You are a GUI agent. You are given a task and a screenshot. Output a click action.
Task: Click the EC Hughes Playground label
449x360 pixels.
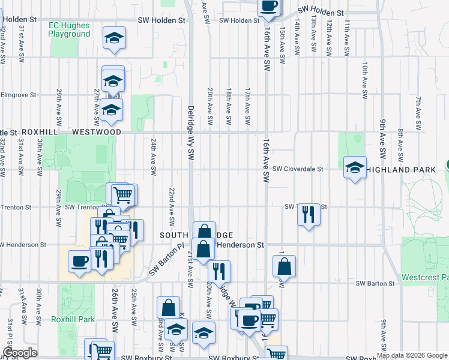70,29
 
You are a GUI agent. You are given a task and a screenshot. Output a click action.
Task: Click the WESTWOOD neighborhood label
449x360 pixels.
96,131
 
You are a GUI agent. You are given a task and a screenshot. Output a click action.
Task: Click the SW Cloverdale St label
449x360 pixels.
298,169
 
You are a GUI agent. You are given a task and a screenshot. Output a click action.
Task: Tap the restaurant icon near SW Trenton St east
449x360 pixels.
309,214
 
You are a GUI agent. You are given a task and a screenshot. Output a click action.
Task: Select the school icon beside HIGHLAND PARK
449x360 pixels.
355,167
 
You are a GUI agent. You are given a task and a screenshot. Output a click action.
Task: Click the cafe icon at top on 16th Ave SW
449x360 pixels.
268,6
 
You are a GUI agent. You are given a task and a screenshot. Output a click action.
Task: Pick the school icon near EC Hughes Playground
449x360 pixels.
113,38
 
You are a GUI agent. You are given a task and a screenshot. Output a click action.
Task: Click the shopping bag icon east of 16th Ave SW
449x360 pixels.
285,266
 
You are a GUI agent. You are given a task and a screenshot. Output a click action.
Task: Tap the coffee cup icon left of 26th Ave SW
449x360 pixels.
79,262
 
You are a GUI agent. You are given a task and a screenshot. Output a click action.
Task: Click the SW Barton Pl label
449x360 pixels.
171,258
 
